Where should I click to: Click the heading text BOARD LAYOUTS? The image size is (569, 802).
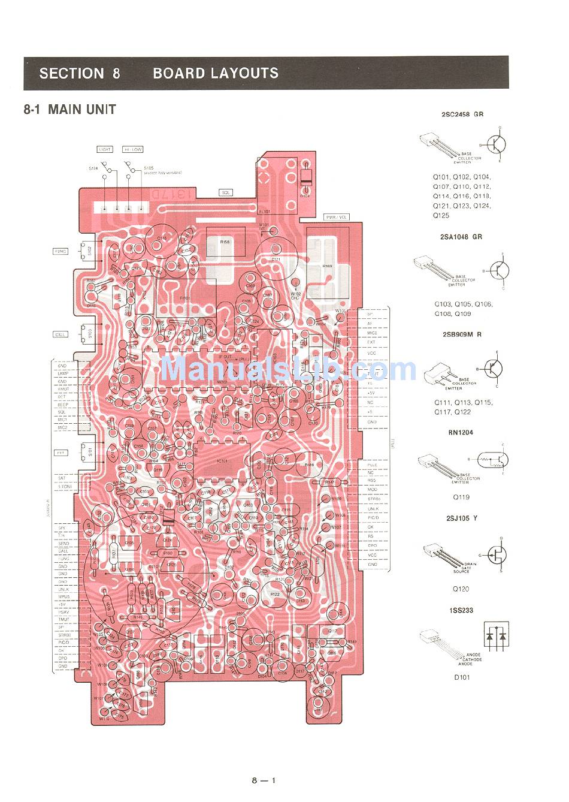(216, 73)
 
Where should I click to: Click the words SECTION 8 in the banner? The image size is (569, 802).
(80, 73)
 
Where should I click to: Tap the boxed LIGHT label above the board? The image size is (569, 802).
(104, 149)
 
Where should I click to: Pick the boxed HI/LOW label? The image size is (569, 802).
(132, 149)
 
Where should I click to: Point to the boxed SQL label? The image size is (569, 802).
(226, 192)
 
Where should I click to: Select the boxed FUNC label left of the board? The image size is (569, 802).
(60, 251)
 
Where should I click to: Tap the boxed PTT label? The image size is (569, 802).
(60, 453)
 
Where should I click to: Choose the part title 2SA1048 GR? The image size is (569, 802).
(461, 237)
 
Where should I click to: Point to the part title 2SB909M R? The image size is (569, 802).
(461, 334)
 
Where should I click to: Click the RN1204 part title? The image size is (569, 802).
(461, 432)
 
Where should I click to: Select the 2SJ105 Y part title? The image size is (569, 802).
(461, 517)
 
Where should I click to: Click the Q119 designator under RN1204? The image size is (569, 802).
(461, 497)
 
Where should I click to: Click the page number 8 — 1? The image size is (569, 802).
(264, 780)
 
